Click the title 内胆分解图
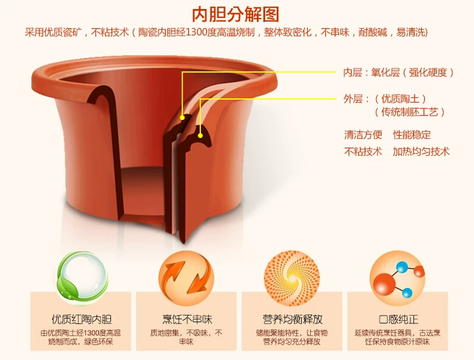point(236,14)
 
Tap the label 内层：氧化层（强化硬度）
point(398,73)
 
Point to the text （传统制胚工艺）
point(410,112)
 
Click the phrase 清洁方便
point(362,135)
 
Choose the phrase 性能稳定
point(412,135)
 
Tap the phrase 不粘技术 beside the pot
point(362,152)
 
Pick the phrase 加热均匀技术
point(421,152)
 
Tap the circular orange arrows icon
point(186,277)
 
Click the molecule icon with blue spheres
point(397,277)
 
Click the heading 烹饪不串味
point(186,319)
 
